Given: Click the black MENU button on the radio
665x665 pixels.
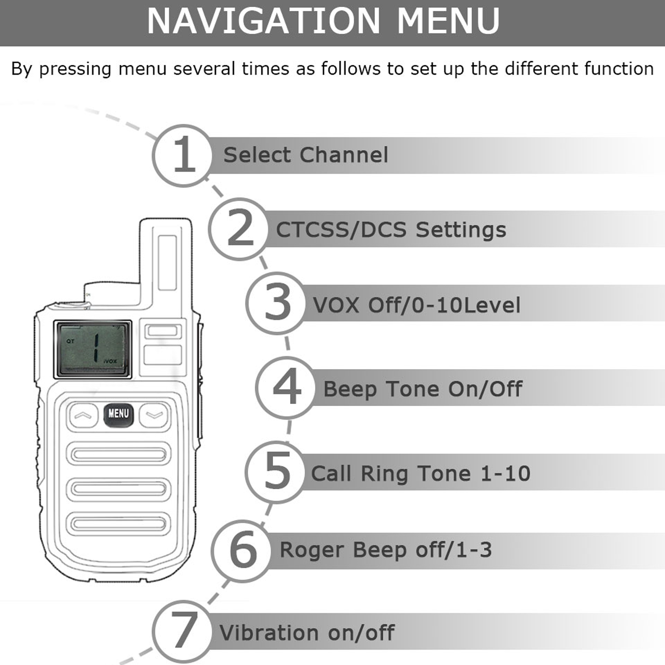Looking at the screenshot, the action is click(x=118, y=414).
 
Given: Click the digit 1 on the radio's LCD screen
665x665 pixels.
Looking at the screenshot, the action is click(x=96, y=347).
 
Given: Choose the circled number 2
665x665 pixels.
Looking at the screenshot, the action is click(x=239, y=229).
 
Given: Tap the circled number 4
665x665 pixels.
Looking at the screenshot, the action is click(x=286, y=387).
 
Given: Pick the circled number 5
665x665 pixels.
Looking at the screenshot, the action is click(x=276, y=472).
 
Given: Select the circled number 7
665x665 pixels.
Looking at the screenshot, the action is click(x=183, y=631).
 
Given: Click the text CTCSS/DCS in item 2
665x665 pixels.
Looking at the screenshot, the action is click(x=341, y=230).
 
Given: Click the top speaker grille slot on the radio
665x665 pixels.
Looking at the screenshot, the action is click(x=118, y=453).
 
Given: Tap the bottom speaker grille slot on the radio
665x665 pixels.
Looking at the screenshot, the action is click(x=118, y=524).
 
